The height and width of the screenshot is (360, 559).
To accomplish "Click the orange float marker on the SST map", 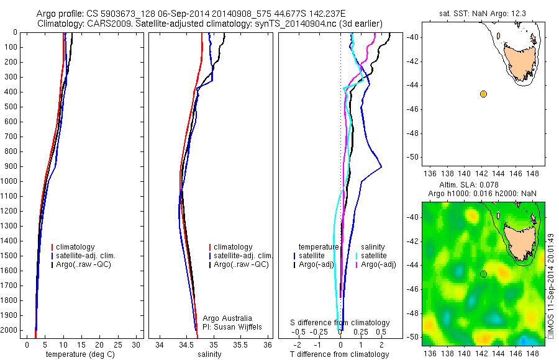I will (483, 94).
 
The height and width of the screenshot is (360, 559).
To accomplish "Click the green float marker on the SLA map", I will (483, 274).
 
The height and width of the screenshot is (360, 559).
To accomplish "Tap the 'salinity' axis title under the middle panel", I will (209, 354).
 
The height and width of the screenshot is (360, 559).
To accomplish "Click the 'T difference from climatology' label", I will (340, 354).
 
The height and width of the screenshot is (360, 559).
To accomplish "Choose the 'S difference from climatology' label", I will (340, 323).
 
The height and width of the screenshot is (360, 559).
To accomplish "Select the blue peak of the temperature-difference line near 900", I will (381, 166).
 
